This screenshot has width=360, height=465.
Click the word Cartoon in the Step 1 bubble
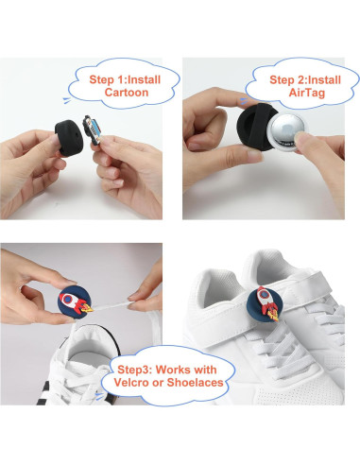[127, 93]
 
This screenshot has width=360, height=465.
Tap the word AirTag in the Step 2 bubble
[307, 94]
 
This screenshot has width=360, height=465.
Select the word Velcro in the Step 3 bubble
[131, 383]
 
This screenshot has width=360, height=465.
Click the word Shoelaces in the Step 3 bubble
[195, 383]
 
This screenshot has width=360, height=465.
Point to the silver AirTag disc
[287, 130]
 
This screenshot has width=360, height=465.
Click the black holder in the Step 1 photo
[69, 137]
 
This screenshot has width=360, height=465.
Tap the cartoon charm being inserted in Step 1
[92, 129]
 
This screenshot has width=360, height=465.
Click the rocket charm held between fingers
[77, 302]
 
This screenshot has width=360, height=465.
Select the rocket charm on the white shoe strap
[267, 303]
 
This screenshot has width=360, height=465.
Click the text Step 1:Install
[125, 79]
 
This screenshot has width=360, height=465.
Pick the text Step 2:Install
[305, 79]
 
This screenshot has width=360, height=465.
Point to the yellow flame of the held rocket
[88, 308]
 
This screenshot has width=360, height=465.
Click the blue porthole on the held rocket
[67, 298]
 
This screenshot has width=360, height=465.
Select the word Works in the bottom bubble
[173, 370]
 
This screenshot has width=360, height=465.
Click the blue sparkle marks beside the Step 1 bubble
[67, 100]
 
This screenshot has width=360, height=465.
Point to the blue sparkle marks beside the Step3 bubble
[99, 396]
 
